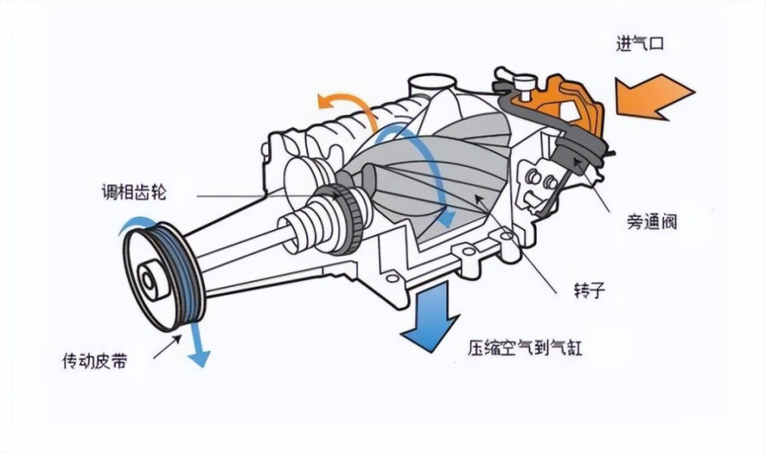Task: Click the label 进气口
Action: (x=640, y=43)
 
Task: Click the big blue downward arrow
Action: (x=432, y=320)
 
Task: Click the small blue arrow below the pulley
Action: (x=198, y=344)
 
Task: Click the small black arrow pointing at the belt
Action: (x=165, y=346)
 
